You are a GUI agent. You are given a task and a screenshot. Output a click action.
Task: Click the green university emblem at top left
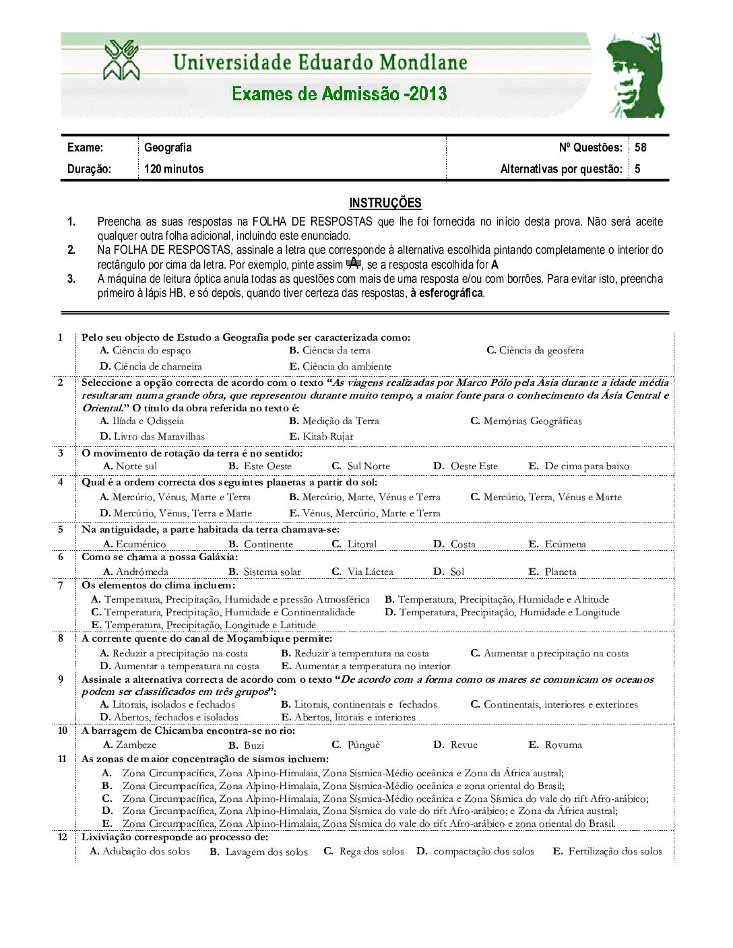pyautogui.click(x=121, y=60)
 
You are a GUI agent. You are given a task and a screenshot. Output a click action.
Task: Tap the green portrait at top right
pyautogui.click(x=635, y=75)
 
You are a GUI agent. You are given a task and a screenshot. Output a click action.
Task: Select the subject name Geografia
pyautogui.click(x=168, y=147)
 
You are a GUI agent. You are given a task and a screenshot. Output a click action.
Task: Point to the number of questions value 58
pyautogui.click(x=640, y=147)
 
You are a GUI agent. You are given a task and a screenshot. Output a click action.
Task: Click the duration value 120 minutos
pyautogui.click(x=174, y=169)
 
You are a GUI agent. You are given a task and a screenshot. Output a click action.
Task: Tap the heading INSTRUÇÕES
pyautogui.click(x=385, y=203)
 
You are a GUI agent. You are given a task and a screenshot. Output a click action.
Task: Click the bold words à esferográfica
pyautogui.click(x=447, y=293)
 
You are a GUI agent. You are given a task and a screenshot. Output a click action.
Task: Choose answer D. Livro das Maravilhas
pyautogui.click(x=152, y=436)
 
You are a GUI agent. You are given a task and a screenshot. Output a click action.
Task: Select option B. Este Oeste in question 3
pyautogui.click(x=260, y=466)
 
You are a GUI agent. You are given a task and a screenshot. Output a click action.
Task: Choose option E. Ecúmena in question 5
pyautogui.click(x=557, y=544)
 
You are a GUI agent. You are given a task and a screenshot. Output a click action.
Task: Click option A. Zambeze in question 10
pyautogui.click(x=129, y=745)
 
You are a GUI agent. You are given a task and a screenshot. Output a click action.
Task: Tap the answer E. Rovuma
pyautogui.click(x=555, y=745)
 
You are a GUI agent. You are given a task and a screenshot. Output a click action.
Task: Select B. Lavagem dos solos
pyautogui.click(x=259, y=852)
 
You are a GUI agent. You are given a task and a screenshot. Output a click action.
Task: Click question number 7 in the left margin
pyautogui.click(x=61, y=585)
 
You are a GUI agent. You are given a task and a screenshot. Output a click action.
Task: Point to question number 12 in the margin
pyautogui.click(x=62, y=837)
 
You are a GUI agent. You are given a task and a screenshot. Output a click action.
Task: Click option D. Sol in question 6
pyautogui.click(x=449, y=572)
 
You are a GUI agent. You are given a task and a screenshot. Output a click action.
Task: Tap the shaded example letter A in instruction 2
pyautogui.click(x=354, y=262)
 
